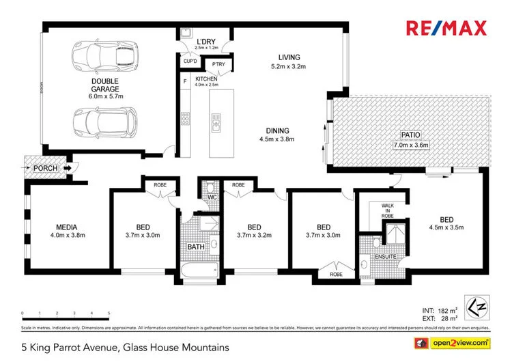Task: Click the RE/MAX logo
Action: click(x=446, y=28)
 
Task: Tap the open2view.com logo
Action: click(x=457, y=342)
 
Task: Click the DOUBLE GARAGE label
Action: click(x=106, y=84)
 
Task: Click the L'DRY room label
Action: click(x=205, y=41)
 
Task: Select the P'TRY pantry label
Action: click(x=218, y=64)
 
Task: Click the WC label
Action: click(x=212, y=198)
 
